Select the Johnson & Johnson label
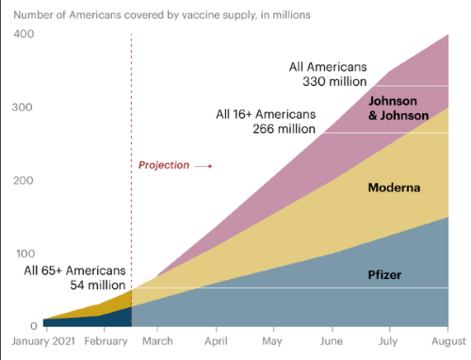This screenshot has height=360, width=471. coord(398,108)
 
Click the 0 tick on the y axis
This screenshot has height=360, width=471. coord(33,325)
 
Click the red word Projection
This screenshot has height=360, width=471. coord(164,165)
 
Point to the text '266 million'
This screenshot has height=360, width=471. coord(282,130)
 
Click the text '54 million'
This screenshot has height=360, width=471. coord(99,285)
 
